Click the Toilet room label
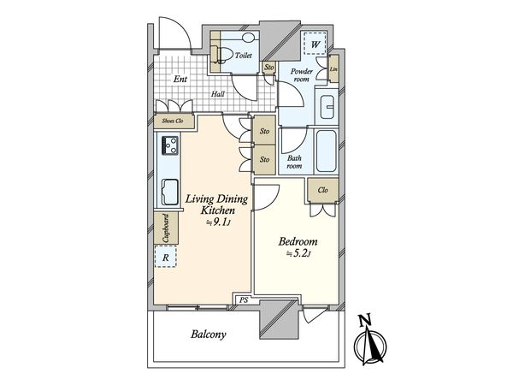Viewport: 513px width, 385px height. pyautogui.click(x=244, y=56)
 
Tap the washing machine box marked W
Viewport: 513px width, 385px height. pyautogui.click(x=315, y=44)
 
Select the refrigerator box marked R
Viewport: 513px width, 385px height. pyautogui.click(x=166, y=257)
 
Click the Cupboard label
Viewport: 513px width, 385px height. pyautogui.click(x=166, y=228)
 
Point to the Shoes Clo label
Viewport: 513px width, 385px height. pyautogui.click(x=173, y=121)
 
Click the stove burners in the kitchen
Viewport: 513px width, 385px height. pyautogui.click(x=170, y=145)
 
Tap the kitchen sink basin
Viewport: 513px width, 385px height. pyautogui.click(x=170, y=192)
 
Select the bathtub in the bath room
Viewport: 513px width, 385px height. pyautogui.click(x=327, y=151)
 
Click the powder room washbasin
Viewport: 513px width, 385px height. pyautogui.click(x=327, y=107)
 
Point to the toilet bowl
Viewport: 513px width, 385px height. pyautogui.click(x=223, y=55)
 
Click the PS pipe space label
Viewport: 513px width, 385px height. pyautogui.click(x=244, y=300)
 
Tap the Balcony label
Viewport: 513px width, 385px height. pyautogui.click(x=209, y=335)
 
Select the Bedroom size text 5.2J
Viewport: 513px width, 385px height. pyautogui.click(x=298, y=254)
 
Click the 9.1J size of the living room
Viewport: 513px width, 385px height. pyautogui.click(x=219, y=222)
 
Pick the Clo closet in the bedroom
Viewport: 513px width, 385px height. pyautogui.click(x=323, y=190)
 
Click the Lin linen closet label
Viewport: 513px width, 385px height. pyautogui.click(x=333, y=69)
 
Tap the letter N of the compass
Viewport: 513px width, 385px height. pyautogui.click(x=365, y=321)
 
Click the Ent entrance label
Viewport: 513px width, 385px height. pyautogui.click(x=180, y=79)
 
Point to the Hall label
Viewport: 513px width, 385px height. pyautogui.click(x=217, y=94)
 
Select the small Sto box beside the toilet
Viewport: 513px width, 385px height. pyautogui.click(x=269, y=68)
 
